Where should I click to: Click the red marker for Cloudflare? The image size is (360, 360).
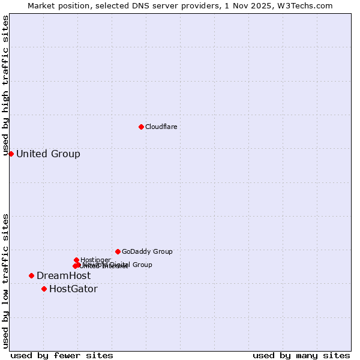pyautogui.click(x=141, y=127)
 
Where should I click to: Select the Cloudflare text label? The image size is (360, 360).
pyautogui.click(x=161, y=127)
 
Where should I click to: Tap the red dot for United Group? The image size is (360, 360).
pyautogui.click(x=11, y=154)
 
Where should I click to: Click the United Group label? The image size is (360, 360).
pyautogui.click(x=48, y=154)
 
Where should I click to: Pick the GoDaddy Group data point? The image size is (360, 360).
pyautogui.click(x=118, y=251)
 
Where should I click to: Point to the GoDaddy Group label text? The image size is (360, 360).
pyautogui.click(x=147, y=251)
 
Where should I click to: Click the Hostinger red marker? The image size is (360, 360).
pyautogui.click(x=76, y=260)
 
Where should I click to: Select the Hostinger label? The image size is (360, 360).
pyautogui.click(x=95, y=260)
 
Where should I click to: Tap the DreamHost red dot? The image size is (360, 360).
pyautogui.click(x=31, y=275)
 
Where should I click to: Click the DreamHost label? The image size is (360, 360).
pyautogui.click(x=64, y=275)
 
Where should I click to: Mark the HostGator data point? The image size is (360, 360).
pyautogui.click(x=44, y=289)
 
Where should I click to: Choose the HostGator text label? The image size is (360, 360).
pyautogui.click(x=73, y=289)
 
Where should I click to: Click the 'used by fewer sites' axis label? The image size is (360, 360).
pyautogui.click(x=62, y=355)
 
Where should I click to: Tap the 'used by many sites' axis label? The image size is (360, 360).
pyautogui.click(x=301, y=355)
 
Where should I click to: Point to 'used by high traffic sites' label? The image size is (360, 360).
pyautogui.click(x=5, y=86)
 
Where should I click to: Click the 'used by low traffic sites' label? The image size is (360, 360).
pyautogui.click(x=5, y=281)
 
